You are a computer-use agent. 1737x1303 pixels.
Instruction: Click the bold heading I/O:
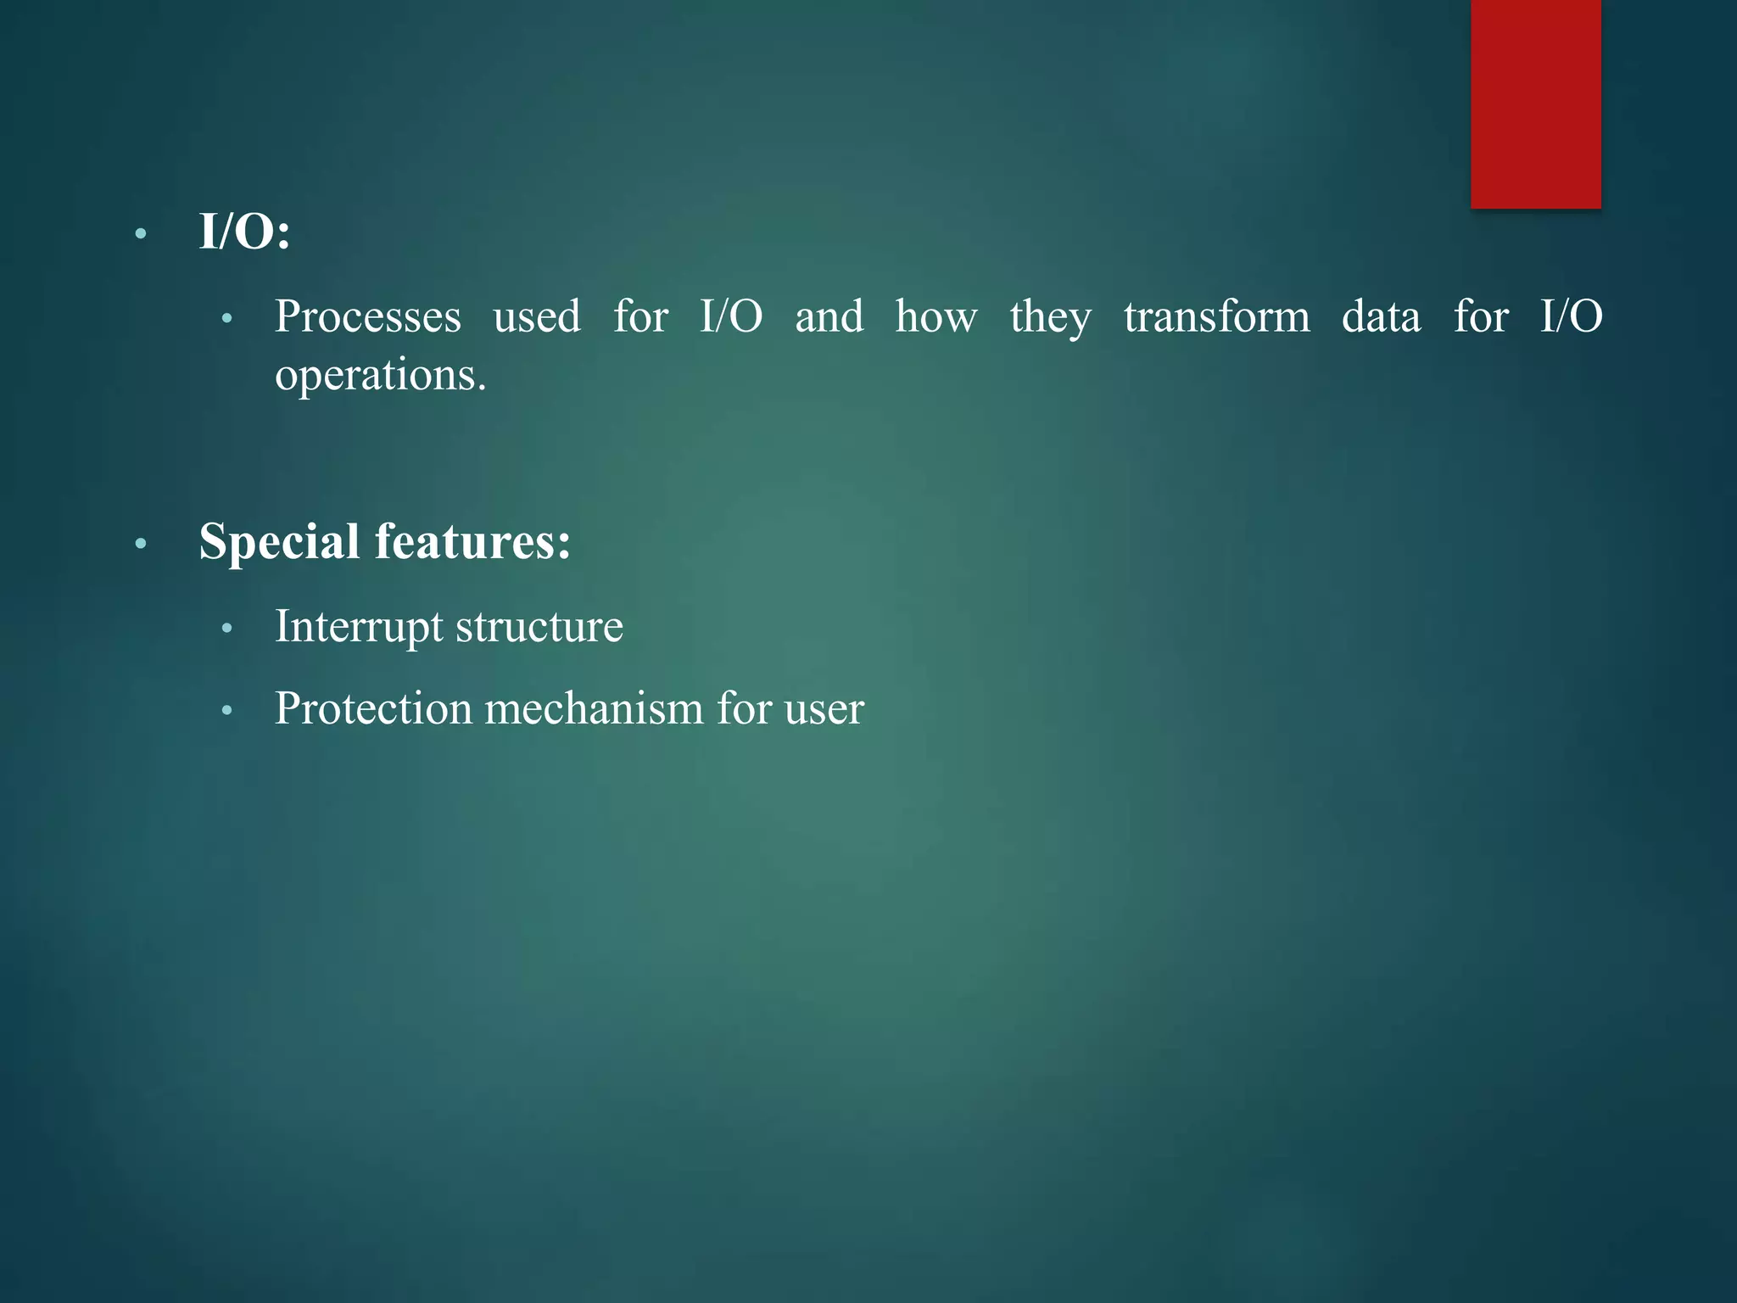(244, 232)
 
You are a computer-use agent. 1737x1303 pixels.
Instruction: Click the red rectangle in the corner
(1535, 103)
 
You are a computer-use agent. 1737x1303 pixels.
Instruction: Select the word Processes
(367, 317)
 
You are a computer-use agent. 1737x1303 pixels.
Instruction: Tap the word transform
(1216, 317)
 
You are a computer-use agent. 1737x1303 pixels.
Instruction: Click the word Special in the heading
(279, 541)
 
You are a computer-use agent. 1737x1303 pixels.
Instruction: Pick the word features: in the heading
(472, 541)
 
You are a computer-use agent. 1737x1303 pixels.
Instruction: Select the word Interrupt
(359, 628)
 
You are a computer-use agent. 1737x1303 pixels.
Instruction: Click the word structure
(539, 628)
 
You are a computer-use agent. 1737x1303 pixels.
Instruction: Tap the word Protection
(372, 709)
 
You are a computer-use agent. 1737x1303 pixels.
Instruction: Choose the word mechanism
(594, 709)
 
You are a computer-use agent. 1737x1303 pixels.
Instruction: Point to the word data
(1381, 317)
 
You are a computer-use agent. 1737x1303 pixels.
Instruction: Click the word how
(936, 317)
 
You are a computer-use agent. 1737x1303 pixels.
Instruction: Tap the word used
(537, 317)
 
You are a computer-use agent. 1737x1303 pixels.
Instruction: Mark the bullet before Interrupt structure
(226, 629)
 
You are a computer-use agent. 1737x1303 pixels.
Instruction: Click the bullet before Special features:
(141, 543)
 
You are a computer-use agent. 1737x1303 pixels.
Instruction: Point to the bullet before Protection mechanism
(226, 710)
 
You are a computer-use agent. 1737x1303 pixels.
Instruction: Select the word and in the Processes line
(829, 317)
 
